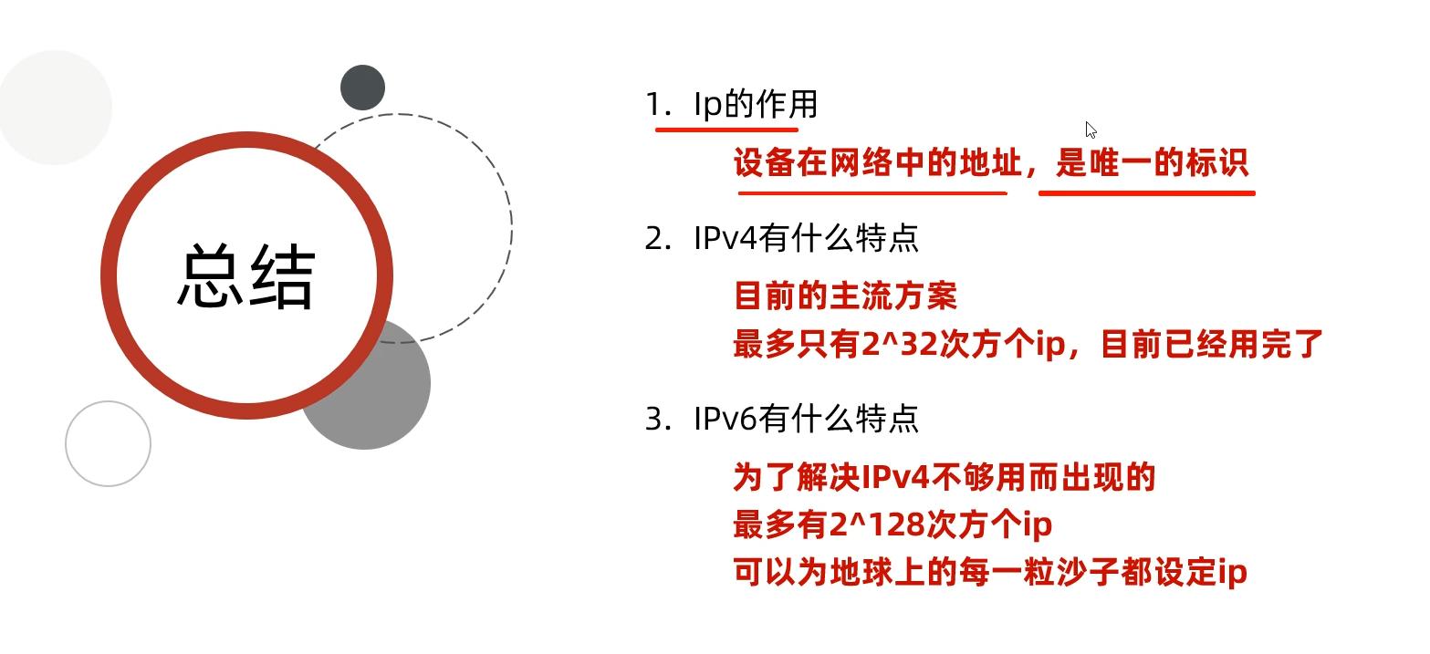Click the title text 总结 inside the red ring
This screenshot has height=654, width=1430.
click(246, 276)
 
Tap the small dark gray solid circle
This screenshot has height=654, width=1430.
click(362, 88)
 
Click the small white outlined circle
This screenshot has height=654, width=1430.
click(108, 443)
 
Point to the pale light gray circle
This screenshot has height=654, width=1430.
click(55, 108)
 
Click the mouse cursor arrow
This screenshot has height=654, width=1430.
click(1091, 129)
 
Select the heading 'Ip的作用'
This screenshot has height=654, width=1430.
click(755, 106)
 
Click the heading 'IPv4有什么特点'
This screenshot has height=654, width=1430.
click(806, 239)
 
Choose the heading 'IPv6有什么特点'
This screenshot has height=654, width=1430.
click(806, 419)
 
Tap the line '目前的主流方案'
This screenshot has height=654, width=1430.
click(845, 296)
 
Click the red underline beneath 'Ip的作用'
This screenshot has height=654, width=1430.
click(726, 130)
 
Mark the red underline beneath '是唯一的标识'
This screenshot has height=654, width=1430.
click(1147, 193)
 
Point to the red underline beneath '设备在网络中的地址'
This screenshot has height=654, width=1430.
click(872, 193)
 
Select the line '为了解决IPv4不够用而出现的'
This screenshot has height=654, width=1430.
click(945, 477)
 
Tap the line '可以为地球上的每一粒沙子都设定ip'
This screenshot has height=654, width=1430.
click(990, 573)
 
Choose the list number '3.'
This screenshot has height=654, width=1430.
click(657, 420)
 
